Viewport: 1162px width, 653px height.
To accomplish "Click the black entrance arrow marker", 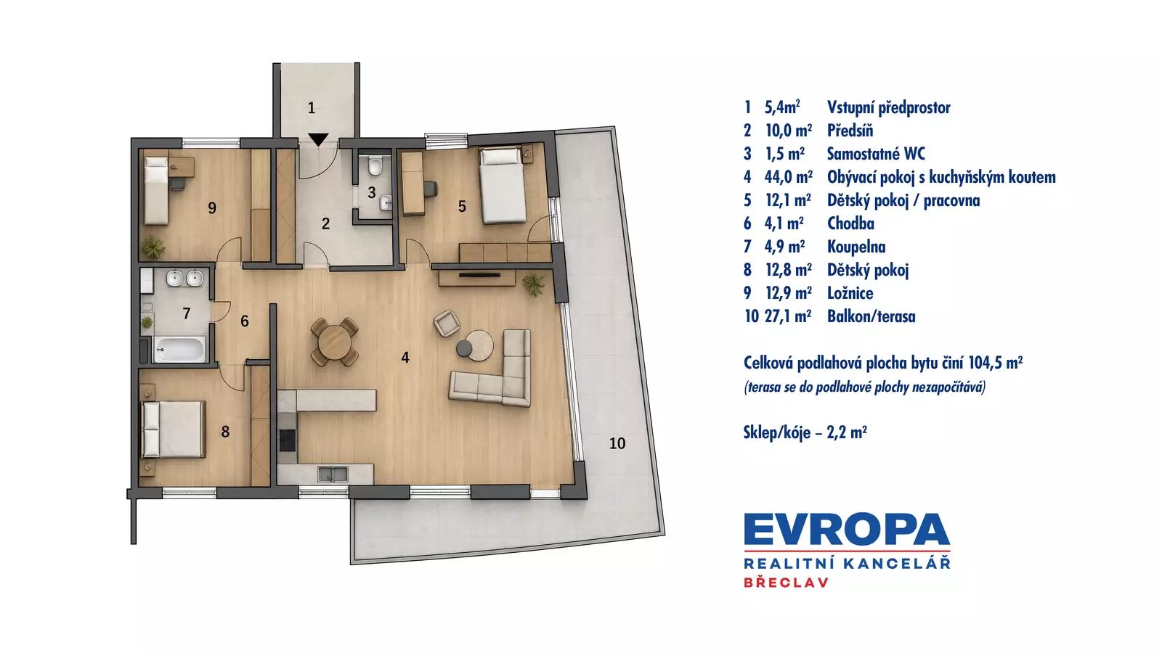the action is coord(318,139).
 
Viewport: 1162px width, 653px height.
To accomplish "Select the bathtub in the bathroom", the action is coord(179,349).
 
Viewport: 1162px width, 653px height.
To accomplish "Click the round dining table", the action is coord(335,342).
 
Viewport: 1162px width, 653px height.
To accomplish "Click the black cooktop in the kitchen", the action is coord(288,440).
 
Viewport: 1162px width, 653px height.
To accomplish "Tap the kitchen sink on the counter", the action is coord(333,475).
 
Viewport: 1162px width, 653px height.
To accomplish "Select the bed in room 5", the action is coord(502,186).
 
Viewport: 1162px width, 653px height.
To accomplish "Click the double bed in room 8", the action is coord(174,429).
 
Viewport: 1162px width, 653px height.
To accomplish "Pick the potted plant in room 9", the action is coord(153,247).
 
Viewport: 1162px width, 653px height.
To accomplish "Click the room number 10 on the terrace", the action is coord(617,443).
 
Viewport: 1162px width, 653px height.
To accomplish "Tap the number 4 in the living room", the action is coord(405,357).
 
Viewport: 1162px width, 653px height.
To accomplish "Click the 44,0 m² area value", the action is coord(789,177).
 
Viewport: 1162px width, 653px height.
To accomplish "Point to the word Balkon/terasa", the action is coord(871,316).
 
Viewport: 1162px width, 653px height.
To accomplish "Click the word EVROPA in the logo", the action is coord(847,530).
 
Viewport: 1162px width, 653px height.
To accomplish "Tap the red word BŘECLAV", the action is coord(786,583).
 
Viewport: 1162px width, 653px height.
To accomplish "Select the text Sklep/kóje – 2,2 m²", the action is coord(805,432).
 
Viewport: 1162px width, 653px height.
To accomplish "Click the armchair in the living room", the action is coord(447,323).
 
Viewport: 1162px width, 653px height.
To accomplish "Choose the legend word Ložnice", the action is coord(850,293).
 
